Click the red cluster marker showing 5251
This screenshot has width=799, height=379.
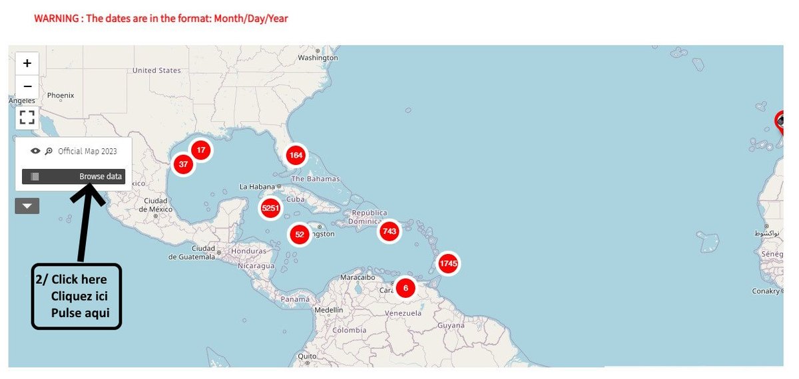pyautogui.click(x=270, y=209)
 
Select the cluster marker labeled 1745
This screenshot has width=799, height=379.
pyautogui.click(x=448, y=264)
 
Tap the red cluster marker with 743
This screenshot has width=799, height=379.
pyautogui.click(x=390, y=231)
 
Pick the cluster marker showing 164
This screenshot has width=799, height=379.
pyautogui.click(x=296, y=156)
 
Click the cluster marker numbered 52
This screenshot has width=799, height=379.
pyautogui.click(x=300, y=234)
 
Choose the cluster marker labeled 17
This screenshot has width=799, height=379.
pyautogui.click(x=200, y=150)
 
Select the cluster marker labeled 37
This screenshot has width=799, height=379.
pyautogui.click(x=183, y=164)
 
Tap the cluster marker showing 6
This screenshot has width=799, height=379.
pyautogui.click(x=405, y=288)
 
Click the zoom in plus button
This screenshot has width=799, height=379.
pyautogui.click(x=27, y=63)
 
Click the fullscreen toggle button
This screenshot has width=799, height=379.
pyautogui.click(x=27, y=118)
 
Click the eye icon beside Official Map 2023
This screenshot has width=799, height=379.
pyautogui.click(x=35, y=151)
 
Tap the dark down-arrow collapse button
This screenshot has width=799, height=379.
pyautogui.click(x=27, y=206)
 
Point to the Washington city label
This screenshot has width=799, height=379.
pyautogui.click(x=318, y=58)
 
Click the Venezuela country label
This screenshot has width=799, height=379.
pyautogui.click(x=403, y=313)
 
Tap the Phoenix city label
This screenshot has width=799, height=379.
pyautogui.click(x=61, y=96)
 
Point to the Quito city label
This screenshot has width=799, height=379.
pyautogui.click(x=307, y=356)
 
